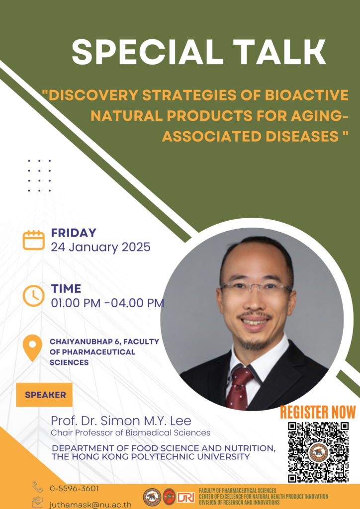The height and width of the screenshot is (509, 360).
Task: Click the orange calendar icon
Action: click(x=33, y=240)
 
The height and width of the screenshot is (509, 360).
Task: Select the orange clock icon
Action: click(x=33, y=296)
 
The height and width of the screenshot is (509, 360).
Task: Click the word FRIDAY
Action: click(x=74, y=233)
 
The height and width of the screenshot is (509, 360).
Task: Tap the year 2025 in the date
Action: click(x=136, y=247)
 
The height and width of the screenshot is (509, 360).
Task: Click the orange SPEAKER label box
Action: click(x=44, y=395)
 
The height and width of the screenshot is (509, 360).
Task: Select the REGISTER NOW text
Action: click(x=318, y=412)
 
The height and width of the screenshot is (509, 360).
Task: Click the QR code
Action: click(x=318, y=452)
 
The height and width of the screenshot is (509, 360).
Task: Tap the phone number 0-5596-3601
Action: click(x=75, y=488)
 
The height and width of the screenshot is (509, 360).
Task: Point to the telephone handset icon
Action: click(x=38, y=487)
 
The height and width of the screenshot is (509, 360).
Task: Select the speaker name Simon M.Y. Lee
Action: click(x=146, y=421)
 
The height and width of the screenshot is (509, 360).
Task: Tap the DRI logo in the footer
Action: click(x=185, y=497)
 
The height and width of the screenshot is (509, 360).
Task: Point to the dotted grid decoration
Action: click(x=39, y=175)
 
